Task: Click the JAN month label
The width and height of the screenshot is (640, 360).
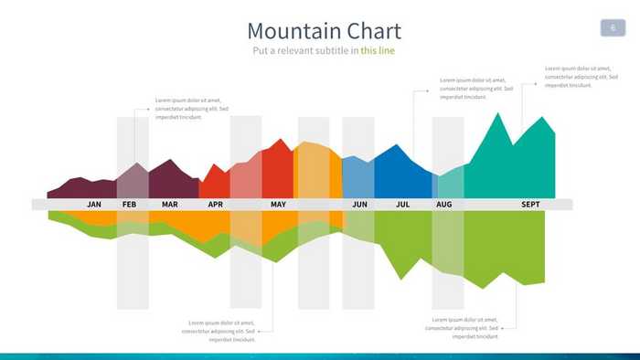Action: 94,205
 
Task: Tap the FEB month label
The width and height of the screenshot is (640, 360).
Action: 129,205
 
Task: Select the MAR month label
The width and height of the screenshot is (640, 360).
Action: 170,205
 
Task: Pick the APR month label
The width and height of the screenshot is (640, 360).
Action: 215,205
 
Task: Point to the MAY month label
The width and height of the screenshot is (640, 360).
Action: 278,205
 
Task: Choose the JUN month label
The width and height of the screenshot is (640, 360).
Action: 359,205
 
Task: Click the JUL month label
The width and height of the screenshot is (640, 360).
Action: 402,205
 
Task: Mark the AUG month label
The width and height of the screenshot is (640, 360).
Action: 444,205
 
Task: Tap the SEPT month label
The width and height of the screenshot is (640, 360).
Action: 530,205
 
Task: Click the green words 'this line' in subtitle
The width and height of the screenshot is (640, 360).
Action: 378,50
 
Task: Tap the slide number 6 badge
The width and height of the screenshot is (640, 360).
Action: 612,28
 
